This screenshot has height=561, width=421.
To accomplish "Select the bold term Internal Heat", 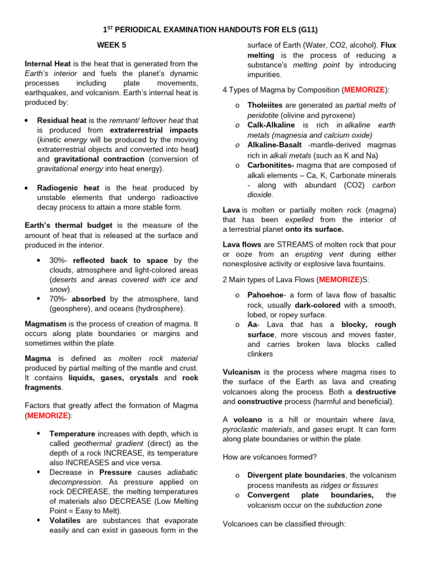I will pyautogui.click(x=48, y=64).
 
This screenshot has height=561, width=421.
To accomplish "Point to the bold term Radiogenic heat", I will pyautogui.click(x=68, y=188).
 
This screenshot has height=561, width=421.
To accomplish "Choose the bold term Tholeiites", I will pyautogui.click(x=265, y=105).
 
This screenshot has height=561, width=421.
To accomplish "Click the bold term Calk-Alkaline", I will pyautogui.click(x=271, y=125).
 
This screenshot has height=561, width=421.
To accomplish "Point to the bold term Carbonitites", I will pyautogui.click(x=271, y=165).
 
